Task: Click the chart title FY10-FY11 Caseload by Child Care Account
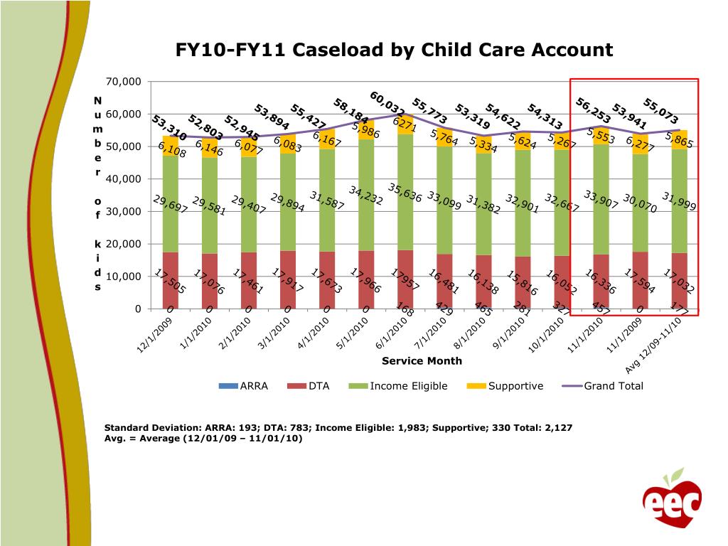tap(394, 50)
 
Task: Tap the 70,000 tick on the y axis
tap(124, 82)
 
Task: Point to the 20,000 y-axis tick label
tap(124, 244)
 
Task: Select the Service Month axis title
tap(422, 360)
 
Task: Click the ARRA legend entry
tap(243, 386)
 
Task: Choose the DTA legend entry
tap(309, 386)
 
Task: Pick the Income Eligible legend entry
tap(398, 386)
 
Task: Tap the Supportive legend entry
tap(505, 386)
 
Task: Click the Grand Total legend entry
tap(603, 386)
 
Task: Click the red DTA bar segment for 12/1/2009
tap(171, 280)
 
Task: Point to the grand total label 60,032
tap(387, 103)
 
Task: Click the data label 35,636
tap(405, 193)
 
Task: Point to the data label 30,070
tap(640, 203)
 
